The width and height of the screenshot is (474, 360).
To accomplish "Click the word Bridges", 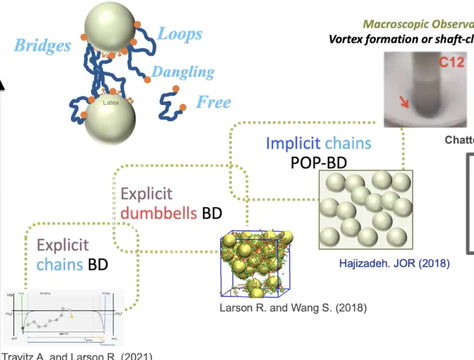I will (x=42, y=46).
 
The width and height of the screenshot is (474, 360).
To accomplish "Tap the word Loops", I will (x=180, y=34).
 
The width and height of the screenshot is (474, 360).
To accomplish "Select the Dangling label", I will (x=183, y=72).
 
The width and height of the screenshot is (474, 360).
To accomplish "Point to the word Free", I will (x=213, y=102).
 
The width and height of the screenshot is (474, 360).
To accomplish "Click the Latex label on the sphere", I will (x=111, y=103).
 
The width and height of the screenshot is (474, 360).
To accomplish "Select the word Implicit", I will (x=293, y=143).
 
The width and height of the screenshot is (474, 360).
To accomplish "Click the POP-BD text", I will (x=318, y=163).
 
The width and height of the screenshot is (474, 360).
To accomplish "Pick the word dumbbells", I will (x=159, y=213).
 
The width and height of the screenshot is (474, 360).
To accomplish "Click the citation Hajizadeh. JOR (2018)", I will (x=394, y=264).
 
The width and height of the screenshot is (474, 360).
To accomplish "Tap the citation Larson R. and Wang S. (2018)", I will (x=293, y=308).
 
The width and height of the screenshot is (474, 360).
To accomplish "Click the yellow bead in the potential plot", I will (x=71, y=316).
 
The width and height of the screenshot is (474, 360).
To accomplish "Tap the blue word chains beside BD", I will (x=60, y=264).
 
